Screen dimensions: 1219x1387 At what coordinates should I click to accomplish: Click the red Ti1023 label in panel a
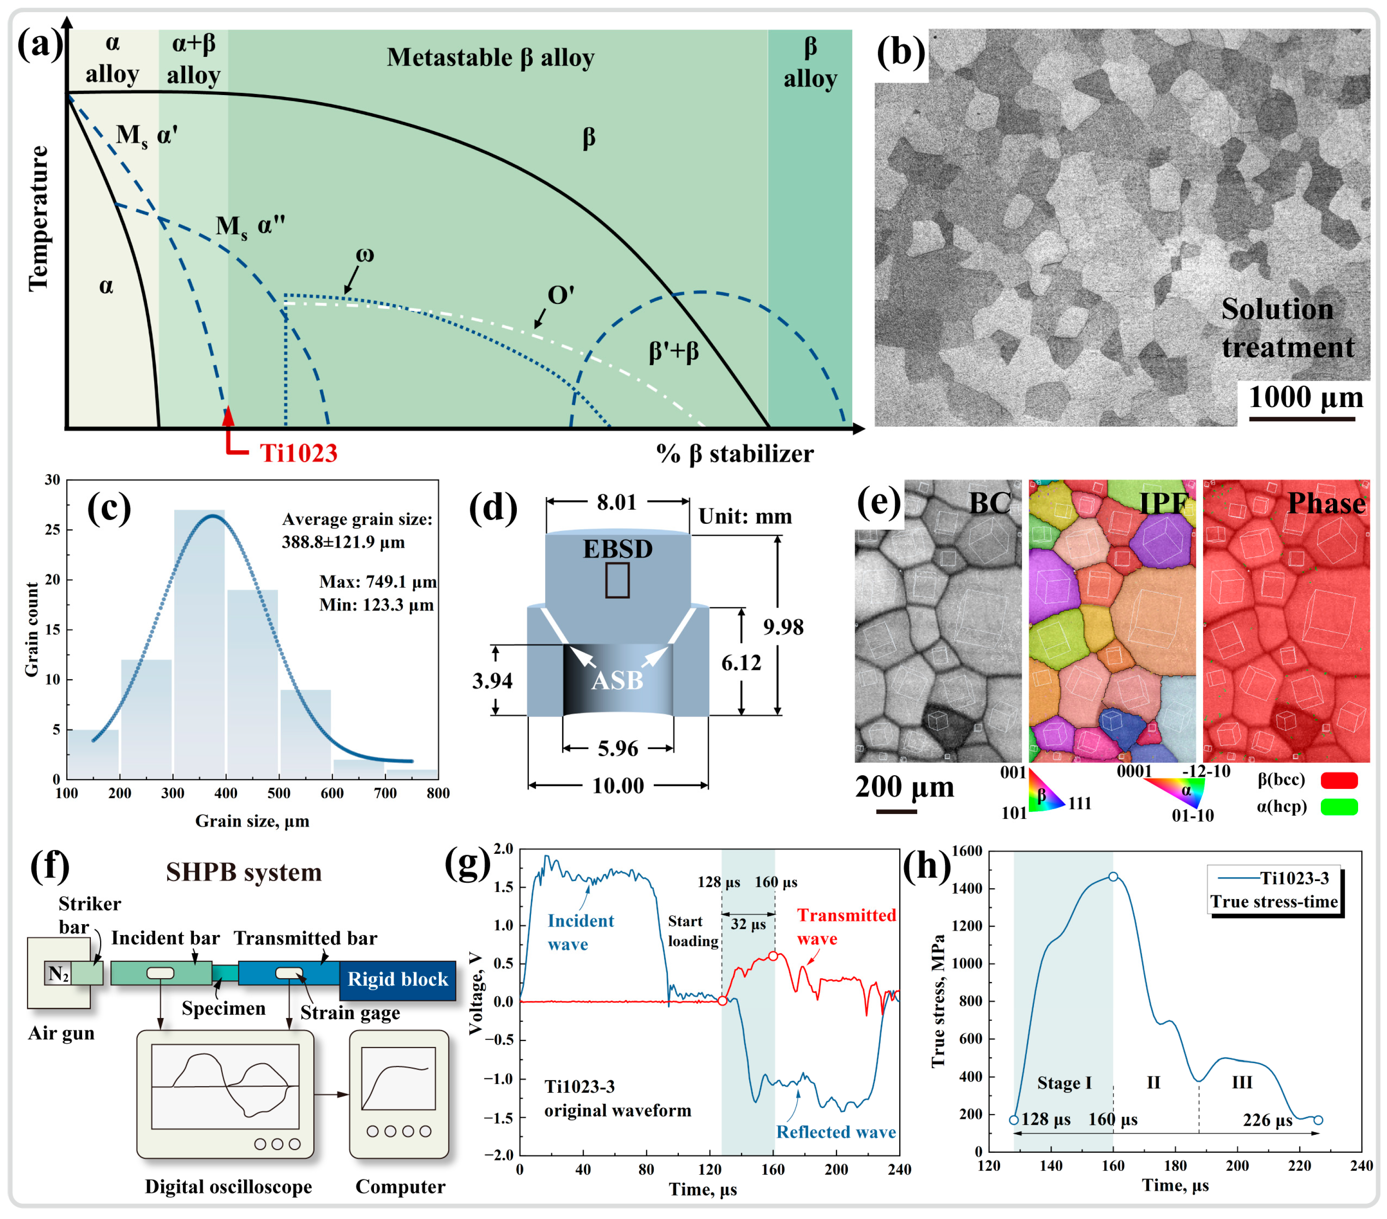[x=299, y=453]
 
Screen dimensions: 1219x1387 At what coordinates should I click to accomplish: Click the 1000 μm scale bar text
[x=1306, y=397]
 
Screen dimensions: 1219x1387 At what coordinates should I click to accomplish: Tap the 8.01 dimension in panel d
[x=617, y=502]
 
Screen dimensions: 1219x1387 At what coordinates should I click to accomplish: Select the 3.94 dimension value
[x=492, y=680]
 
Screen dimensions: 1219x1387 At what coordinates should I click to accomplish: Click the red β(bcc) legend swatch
[x=1339, y=780]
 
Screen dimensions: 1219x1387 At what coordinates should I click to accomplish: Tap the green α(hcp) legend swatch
[x=1339, y=807]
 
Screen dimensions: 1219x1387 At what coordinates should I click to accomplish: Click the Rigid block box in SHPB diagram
[x=398, y=979]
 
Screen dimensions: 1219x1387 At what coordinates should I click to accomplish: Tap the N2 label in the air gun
[x=58, y=974]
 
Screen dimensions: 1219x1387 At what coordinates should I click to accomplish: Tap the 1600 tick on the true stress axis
[x=968, y=850]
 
